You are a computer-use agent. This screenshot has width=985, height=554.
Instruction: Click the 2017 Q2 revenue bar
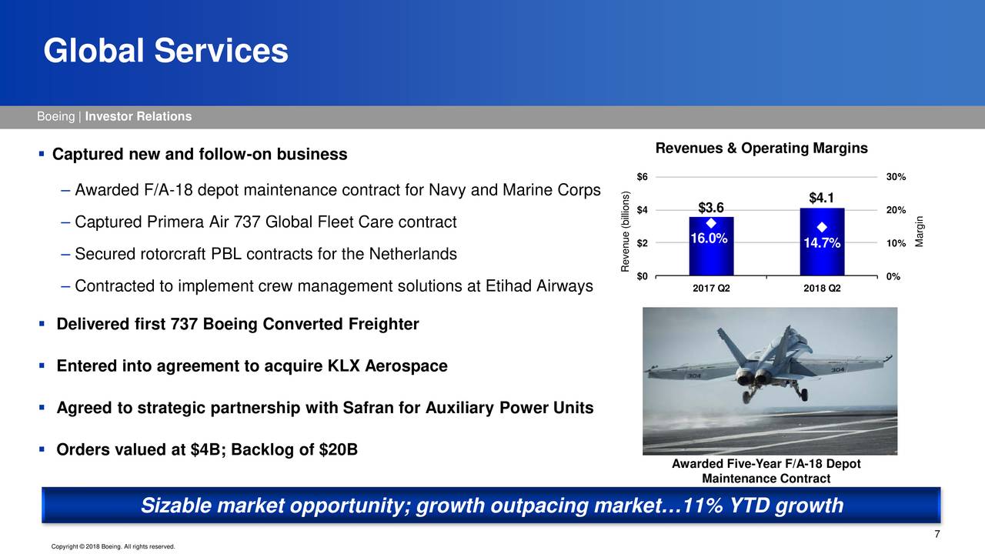711,246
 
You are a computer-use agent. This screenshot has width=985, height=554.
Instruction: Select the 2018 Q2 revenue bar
822,242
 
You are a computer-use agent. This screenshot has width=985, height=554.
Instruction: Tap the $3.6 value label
711,208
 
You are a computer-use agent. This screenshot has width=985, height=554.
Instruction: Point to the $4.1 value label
821,198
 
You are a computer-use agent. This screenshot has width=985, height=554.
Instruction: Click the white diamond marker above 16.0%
711,224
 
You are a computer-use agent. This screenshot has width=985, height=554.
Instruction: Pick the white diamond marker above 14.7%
822,227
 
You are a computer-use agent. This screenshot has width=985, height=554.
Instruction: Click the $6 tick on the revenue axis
642,177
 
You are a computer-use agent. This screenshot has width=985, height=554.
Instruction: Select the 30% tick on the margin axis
896,177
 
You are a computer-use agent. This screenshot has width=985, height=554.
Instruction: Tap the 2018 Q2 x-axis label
822,289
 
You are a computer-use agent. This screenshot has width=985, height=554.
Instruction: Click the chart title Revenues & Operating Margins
762,149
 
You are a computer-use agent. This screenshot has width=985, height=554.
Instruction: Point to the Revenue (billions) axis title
625,232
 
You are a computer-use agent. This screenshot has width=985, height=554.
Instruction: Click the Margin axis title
919,232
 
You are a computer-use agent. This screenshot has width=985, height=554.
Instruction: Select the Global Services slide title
165,51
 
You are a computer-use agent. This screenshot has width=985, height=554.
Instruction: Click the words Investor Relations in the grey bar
139,116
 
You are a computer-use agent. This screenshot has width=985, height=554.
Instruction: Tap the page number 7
937,534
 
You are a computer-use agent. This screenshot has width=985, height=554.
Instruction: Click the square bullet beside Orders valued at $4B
42,449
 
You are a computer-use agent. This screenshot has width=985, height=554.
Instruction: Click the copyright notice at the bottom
113,546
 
